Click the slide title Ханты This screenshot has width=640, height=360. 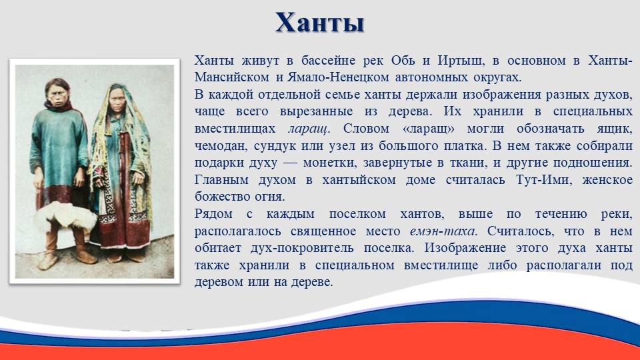319,22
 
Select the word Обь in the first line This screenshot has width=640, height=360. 403,61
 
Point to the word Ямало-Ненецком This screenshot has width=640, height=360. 330,77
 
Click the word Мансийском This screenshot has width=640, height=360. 232,77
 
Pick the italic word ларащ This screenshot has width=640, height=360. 309,129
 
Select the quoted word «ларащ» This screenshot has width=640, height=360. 428,129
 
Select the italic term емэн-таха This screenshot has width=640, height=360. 443,231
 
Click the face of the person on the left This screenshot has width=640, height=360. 58,93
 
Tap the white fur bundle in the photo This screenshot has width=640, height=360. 65,216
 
